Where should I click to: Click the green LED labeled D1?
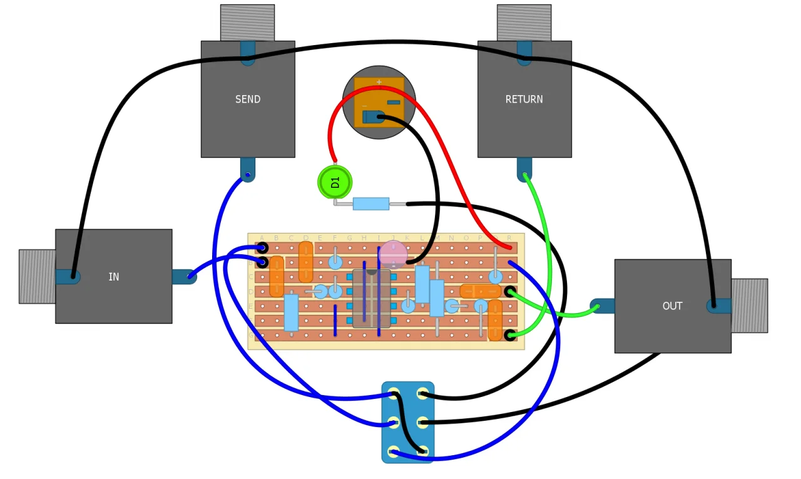[335, 182]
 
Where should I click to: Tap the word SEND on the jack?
[248, 100]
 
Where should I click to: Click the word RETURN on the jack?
[524, 100]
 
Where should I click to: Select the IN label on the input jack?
[113, 277]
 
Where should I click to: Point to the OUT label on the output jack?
[672, 306]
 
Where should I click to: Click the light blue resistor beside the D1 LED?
[370, 203]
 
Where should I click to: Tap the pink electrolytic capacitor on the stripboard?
[394, 254]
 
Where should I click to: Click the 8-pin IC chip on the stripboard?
[371, 299]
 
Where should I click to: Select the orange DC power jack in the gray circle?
[379, 102]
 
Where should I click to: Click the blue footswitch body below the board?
[408, 423]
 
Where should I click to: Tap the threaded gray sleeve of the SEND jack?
[247, 23]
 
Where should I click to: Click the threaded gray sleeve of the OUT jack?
[749, 306]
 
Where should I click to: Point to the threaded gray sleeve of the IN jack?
[37, 277]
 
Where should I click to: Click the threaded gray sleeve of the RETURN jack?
[524, 23]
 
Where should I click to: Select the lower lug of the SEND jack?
[248, 170]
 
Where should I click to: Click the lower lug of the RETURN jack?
[524, 170]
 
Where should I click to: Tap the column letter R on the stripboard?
[509, 238]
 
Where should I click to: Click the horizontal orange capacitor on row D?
[480, 291]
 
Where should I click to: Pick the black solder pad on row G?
[510, 335]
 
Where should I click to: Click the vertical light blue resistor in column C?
[291, 312]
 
